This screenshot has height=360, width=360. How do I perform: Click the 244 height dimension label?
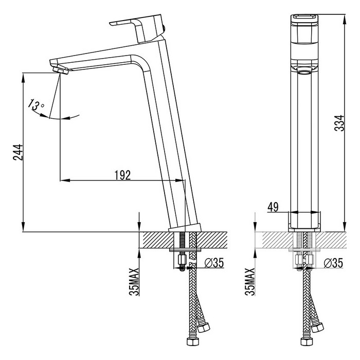pyautogui.click(x=18, y=152)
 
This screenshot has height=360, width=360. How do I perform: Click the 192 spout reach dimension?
pyautogui.click(x=122, y=175)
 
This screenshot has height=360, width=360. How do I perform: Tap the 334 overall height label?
pyautogui.click(x=339, y=123)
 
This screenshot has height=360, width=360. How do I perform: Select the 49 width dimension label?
pyautogui.click(x=273, y=207)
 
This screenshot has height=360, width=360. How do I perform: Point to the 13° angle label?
pyautogui.click(x=36, y=105)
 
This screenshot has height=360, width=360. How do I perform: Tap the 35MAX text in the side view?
pyautogui.click(x=134, y=282)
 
